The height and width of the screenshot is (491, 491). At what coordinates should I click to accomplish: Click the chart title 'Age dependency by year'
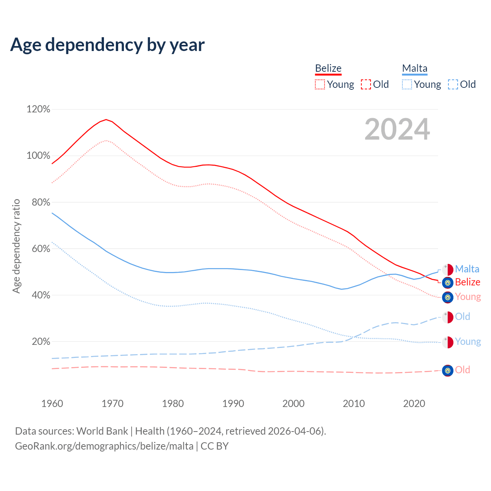coord(107,45)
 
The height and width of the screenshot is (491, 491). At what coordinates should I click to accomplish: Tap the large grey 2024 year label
coord(397,129)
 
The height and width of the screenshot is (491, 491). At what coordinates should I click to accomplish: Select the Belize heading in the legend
coord(328,68)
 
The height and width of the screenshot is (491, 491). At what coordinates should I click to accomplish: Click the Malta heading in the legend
coord(415,68)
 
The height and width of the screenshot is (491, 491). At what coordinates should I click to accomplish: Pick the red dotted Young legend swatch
coord(320,84)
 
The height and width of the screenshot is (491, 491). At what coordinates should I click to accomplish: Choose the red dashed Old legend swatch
coord(366,84)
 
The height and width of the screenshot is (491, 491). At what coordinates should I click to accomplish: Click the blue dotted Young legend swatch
coord(407,84)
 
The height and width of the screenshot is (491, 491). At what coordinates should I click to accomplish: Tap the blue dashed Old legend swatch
coord(453,84)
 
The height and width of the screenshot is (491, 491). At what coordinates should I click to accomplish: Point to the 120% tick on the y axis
coord(38,109)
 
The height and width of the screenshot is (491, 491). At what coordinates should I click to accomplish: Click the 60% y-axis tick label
coord(41,249)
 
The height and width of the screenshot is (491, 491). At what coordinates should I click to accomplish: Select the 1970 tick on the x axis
coord(112,404)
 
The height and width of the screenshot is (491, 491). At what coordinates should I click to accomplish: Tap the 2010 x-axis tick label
coord(354,404)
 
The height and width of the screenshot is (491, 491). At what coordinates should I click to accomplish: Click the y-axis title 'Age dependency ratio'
coord(16,246)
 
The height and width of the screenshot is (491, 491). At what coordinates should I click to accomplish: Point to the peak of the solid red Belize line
coord(106,119)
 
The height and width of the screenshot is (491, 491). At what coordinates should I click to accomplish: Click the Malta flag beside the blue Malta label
coord(447,269)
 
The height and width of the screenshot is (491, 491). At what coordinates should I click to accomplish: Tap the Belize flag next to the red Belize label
coord(447,283)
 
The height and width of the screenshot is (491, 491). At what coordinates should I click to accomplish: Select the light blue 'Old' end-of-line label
coord(462,316)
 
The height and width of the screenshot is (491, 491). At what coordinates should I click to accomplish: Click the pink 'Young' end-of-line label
coord(468,297)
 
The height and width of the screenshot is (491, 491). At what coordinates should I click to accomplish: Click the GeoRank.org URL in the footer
coord(104,446)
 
